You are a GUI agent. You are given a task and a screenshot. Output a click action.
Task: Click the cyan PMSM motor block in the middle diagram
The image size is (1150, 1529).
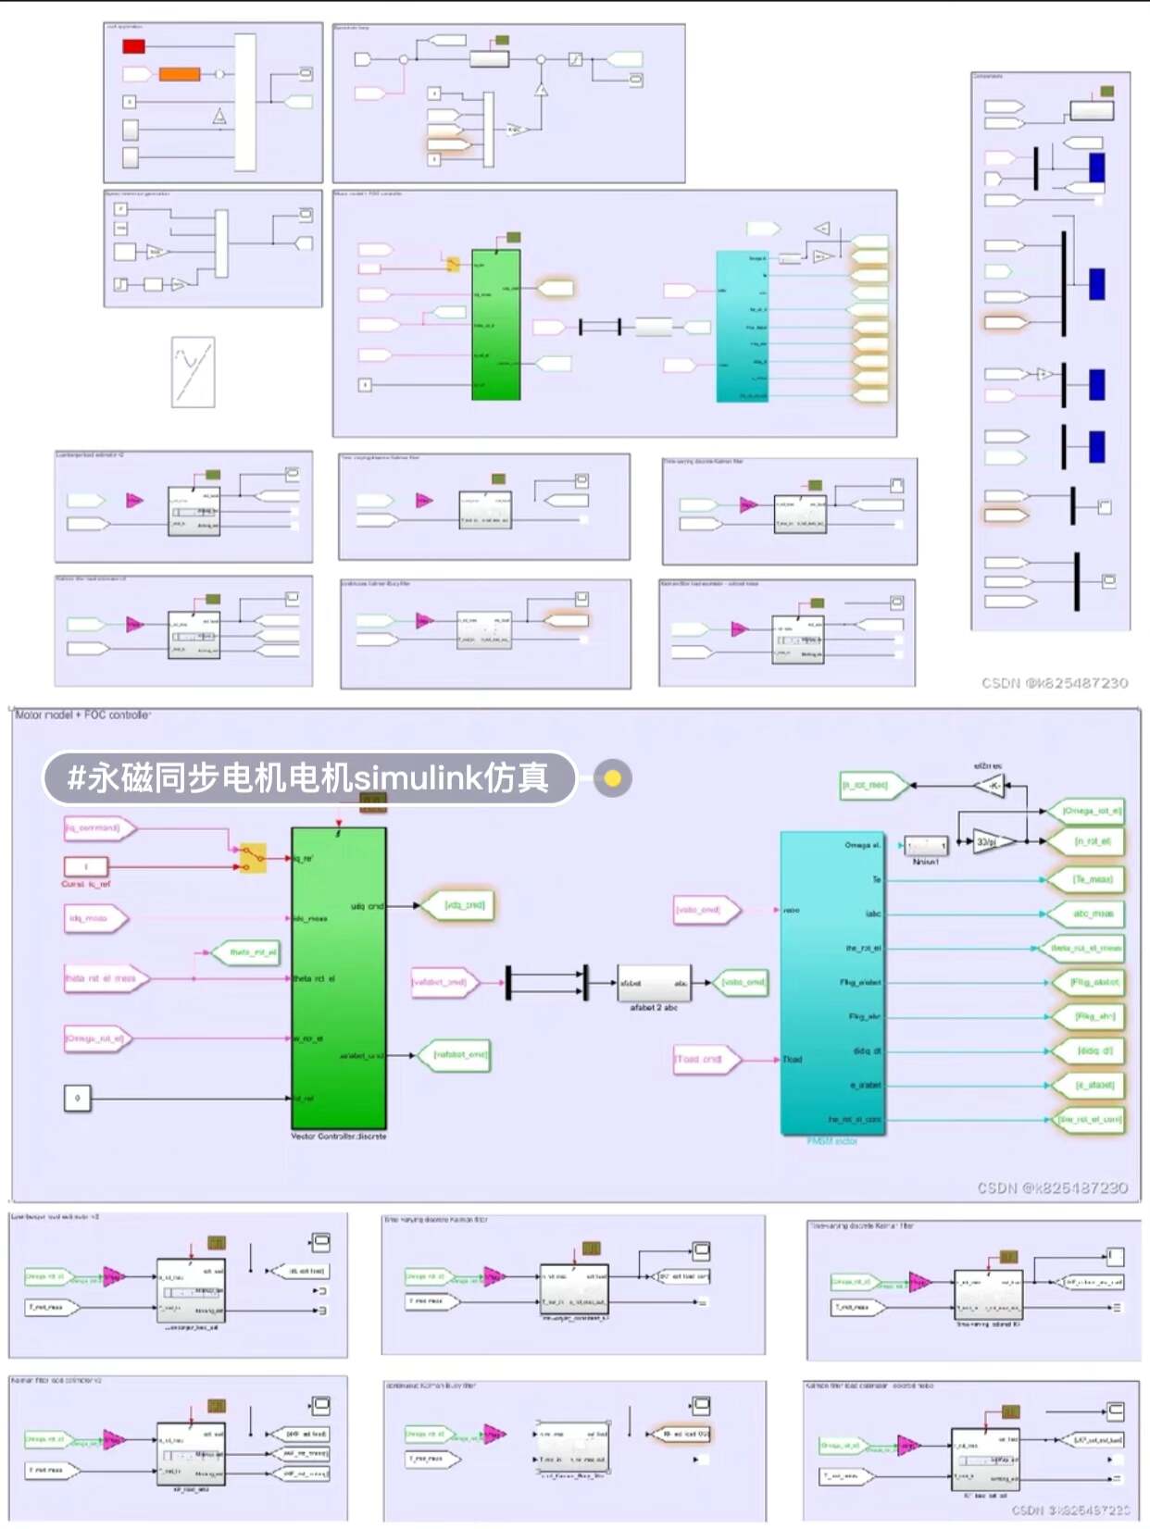pyautogui.click(x=831, y=981)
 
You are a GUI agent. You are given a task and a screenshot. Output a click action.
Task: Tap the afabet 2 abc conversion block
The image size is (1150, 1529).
pyautogui.click(x=654, y=983)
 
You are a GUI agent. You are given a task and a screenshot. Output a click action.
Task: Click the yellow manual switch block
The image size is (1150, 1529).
pyautogui.click(x=253, y=858)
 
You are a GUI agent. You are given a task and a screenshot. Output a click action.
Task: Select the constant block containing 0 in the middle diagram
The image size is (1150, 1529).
pyautogui.click(x=78, y=1098)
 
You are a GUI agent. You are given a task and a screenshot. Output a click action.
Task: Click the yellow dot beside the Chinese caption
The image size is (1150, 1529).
pyautogui.click(x=612, y=778)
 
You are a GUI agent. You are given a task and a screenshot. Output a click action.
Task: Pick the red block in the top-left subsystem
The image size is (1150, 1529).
pyautogui.click(x=134, y=46)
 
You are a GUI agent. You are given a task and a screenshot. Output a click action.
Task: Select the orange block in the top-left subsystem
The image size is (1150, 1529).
pyautogui.click(x=180, y=74)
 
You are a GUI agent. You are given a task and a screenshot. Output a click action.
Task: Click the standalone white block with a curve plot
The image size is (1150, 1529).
pyautogui.click(x=194, y=372)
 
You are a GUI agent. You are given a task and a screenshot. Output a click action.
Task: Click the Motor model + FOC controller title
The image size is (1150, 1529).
pyautogui.click(x=82, y=715)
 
